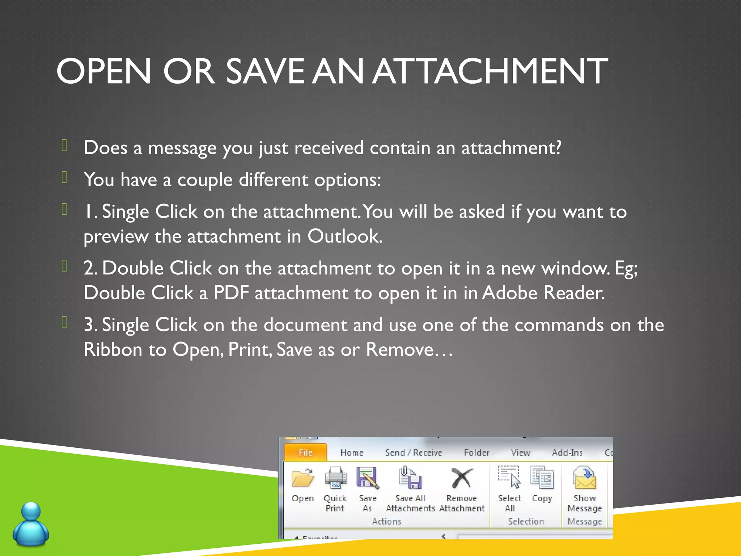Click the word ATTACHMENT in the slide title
490,71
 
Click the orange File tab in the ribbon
305,452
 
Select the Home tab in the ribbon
352,452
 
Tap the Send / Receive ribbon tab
414,452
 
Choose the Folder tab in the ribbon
477,452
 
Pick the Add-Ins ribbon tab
567,452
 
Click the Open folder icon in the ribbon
303,478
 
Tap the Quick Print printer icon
335,478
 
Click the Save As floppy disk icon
368,478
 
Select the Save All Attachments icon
410,478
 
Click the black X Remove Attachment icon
462,478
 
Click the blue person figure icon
31,523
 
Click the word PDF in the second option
231,293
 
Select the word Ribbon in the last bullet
113,350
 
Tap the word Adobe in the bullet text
509,293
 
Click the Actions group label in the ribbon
386,522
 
